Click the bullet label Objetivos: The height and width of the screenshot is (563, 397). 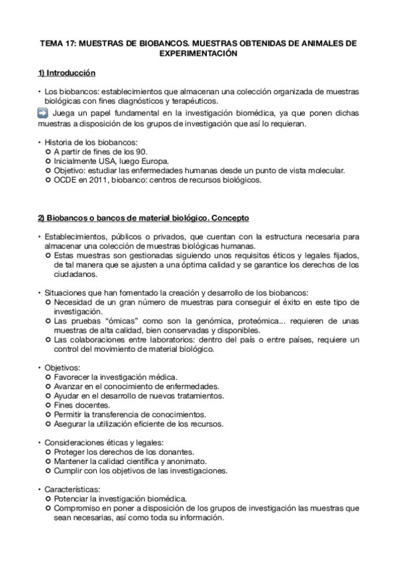point(61,366)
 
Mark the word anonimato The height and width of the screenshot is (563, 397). point(190,461)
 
